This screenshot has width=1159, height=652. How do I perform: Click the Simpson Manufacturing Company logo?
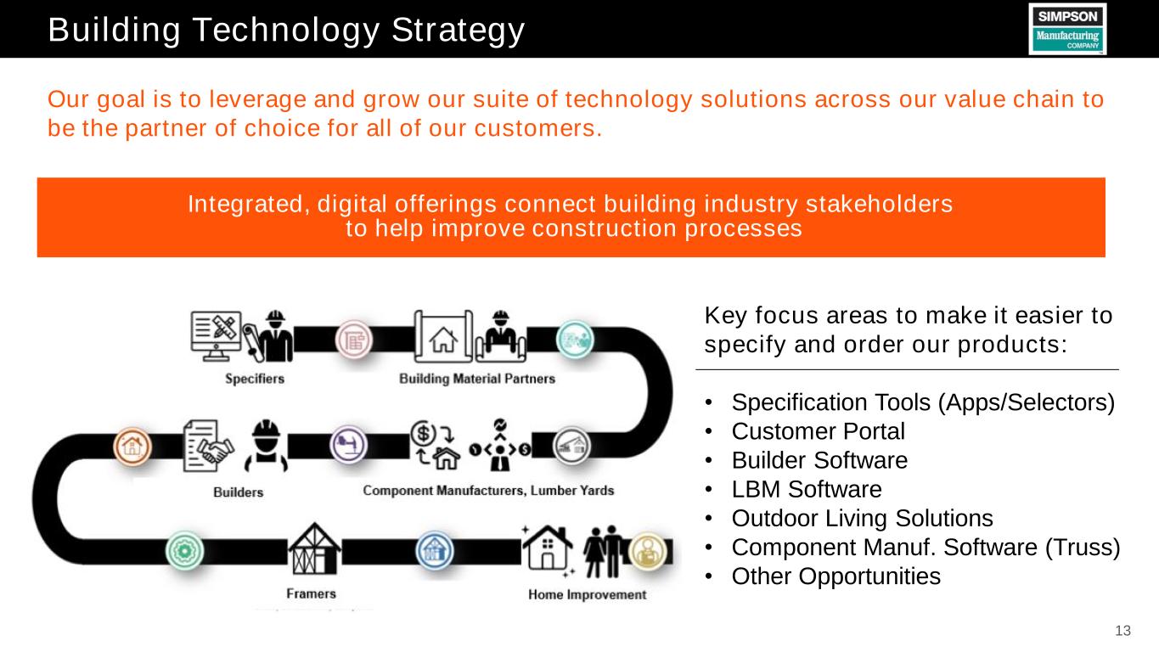point(1067,29)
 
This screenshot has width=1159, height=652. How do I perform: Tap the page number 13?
point(1122,630)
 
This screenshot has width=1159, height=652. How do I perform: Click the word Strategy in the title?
point(458,31)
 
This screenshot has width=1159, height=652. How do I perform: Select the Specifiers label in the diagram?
point(255,379)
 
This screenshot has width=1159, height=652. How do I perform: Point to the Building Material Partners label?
point(477,379)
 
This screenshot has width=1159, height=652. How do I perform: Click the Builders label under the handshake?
point(238,492)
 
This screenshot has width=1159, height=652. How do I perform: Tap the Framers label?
point(311,593)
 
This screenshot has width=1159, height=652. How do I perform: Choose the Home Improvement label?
point(588,594)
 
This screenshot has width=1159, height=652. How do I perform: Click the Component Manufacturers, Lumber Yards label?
point(488,491)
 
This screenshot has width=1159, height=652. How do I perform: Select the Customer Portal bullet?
point(818,431)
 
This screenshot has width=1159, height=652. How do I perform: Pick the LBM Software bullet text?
point(807,489)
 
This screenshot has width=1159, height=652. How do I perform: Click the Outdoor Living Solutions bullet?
point(862,518)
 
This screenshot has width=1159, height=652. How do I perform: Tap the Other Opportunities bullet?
point(835,576)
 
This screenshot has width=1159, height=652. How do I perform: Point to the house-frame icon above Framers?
point(314,549)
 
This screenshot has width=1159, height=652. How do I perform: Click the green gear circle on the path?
point(185,551)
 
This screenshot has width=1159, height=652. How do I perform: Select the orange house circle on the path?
point(132,447)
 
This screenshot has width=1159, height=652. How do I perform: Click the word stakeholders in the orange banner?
point(879,204)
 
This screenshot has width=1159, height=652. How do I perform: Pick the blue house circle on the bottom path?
point(435,551)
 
